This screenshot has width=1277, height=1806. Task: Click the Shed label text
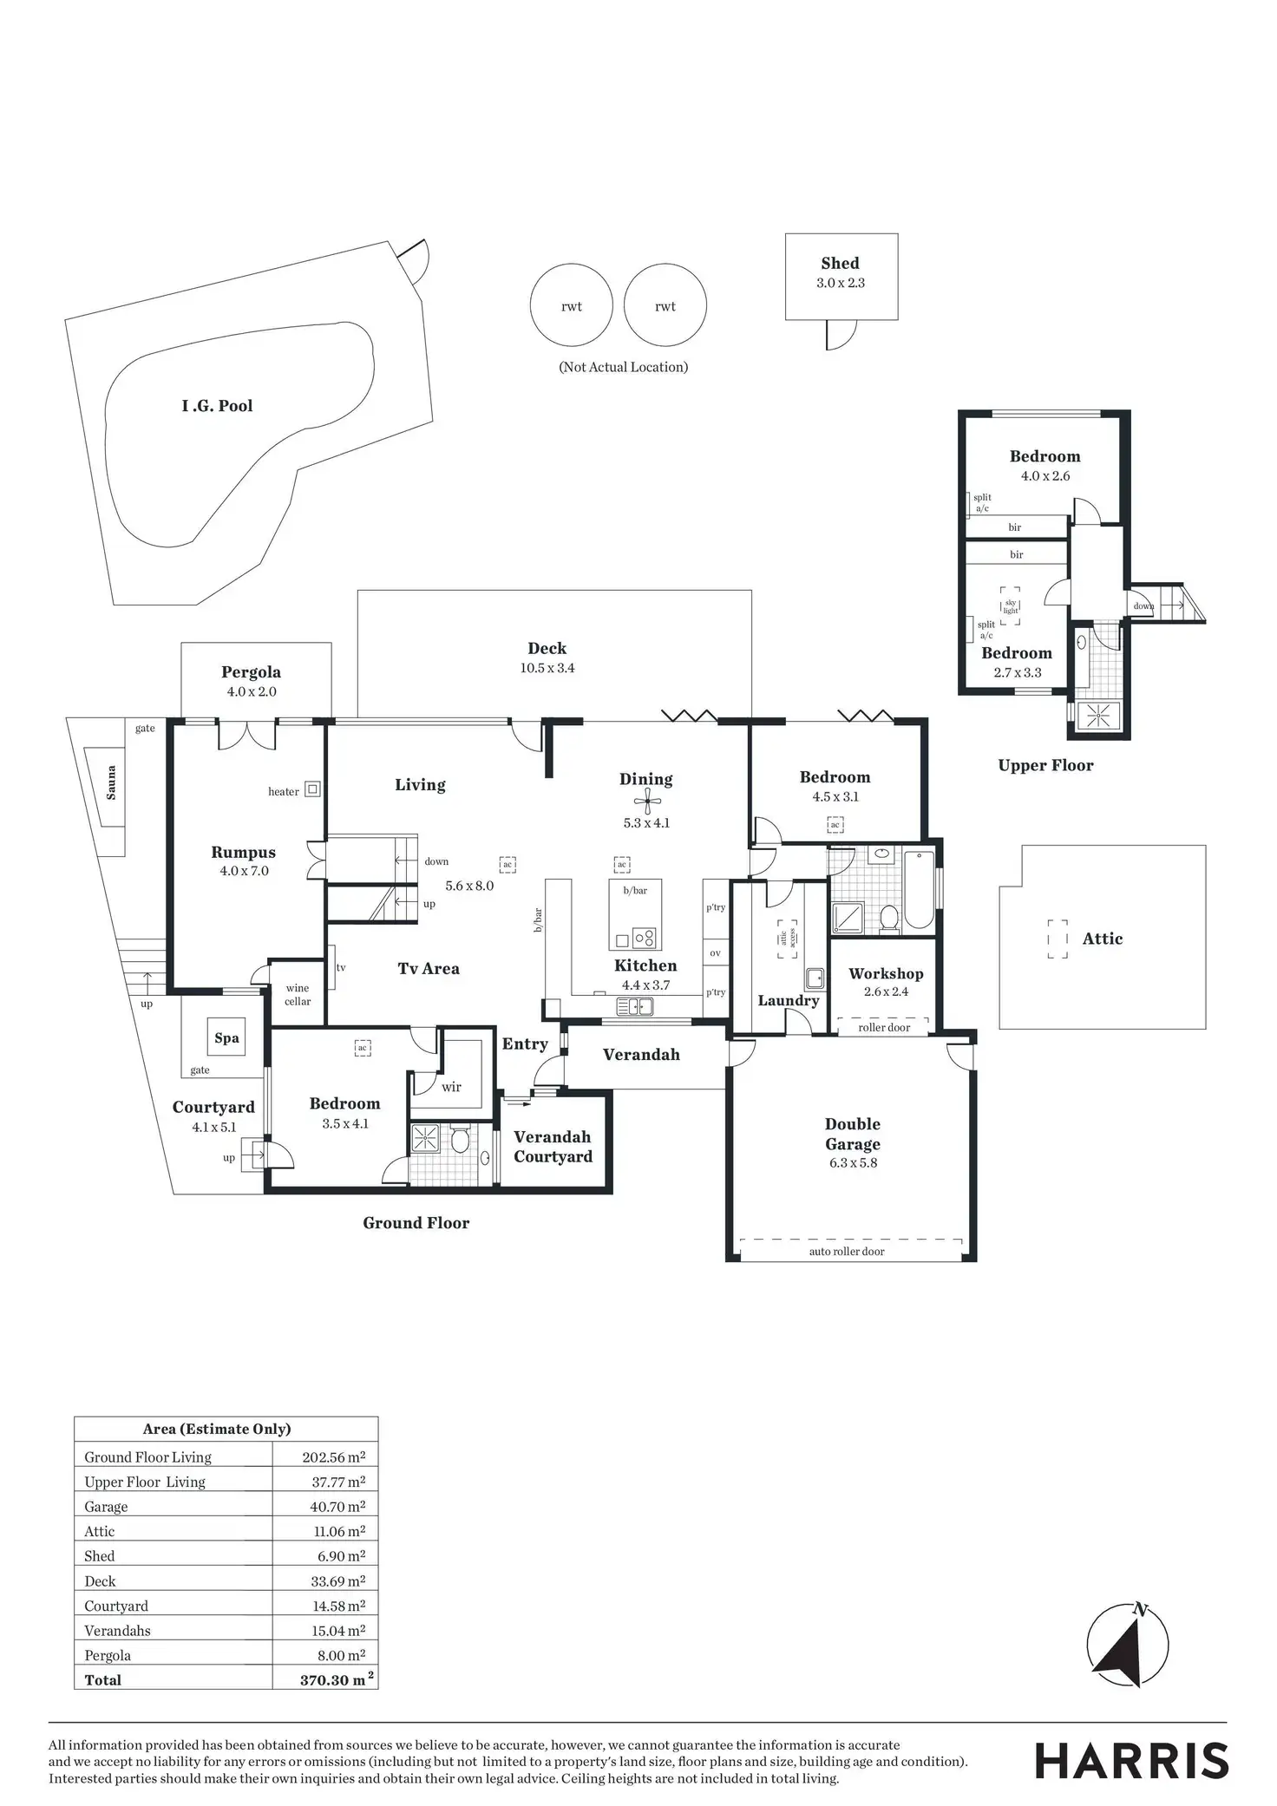[x=840, y=264]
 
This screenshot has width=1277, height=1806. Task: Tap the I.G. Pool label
[x=217, y=406]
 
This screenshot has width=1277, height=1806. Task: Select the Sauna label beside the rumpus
[x=111, y=782]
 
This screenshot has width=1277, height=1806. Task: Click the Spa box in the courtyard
[x=226, y=1037]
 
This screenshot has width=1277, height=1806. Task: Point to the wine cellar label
[x=298, y=994]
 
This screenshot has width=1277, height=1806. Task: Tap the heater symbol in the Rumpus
[x=313, y=789]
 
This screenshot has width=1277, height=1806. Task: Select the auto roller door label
[x=847, y=1252]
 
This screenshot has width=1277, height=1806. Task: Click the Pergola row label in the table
[x=108, y=1655]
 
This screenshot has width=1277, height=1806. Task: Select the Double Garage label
[x=852, y=1134]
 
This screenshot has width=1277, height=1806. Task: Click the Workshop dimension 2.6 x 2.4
[x=886, y=991]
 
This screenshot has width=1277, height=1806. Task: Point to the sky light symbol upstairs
[x=1010, y=605]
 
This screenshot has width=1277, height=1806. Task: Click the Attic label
[x=1102, y=939]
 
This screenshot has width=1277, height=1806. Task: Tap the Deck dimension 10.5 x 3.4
[x=547, y=668]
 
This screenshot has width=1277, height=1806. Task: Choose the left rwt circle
[x=571, y=306]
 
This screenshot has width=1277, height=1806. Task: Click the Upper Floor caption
[x=1045, y=765]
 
